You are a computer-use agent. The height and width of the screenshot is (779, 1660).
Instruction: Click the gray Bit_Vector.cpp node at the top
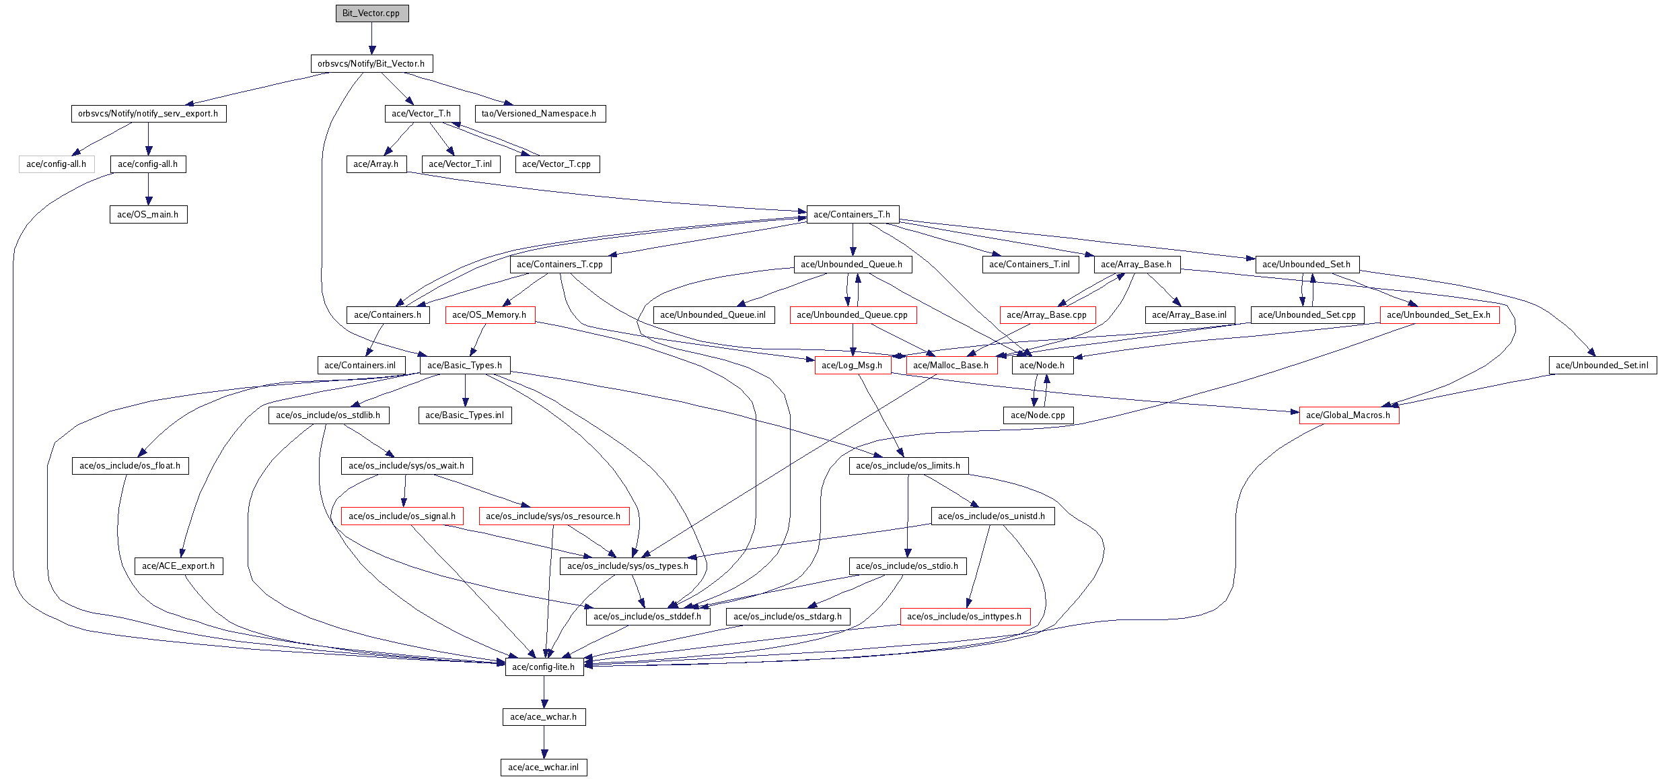click(372, 13)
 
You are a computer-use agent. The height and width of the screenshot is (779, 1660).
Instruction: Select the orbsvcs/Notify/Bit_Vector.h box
click(371, 64)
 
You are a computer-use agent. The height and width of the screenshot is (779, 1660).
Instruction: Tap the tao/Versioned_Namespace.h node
click(540, 114)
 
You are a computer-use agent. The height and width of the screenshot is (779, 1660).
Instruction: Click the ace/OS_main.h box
click(148, 215)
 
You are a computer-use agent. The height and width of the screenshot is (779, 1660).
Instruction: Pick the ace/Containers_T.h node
click(853, 215)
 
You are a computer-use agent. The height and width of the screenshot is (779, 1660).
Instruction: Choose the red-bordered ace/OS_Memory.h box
click(490, 315)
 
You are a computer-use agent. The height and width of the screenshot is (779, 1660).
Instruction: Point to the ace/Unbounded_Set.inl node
click(1602, 366)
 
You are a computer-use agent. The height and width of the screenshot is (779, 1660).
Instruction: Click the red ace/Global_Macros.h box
click(1348, 415)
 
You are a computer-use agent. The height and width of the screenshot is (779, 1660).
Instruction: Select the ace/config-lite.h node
click(544, 667)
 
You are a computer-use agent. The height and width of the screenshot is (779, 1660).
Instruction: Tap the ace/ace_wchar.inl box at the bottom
click(544, 768)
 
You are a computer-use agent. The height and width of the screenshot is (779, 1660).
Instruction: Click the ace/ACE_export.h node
click(178, 566)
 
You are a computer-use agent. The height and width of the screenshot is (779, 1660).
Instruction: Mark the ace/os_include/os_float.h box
click(130, 466)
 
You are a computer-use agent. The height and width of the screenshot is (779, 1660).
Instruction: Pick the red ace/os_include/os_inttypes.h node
click(965, 617)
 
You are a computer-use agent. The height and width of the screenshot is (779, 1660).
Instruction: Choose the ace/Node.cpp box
click(1038, 415)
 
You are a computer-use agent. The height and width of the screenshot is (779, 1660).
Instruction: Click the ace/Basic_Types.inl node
click(465, 415)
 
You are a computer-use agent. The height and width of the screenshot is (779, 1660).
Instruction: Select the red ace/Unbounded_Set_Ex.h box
click(1439, 315)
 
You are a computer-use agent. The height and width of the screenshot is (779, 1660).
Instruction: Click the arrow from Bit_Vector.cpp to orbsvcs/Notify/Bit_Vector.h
click(372, 38)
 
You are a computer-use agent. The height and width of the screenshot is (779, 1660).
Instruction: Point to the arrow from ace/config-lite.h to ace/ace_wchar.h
click(544, 692)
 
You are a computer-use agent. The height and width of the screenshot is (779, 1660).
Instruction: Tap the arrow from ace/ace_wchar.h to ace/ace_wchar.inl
click(544, 742)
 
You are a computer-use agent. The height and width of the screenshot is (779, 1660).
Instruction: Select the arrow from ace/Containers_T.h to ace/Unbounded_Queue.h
click(853, 240)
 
